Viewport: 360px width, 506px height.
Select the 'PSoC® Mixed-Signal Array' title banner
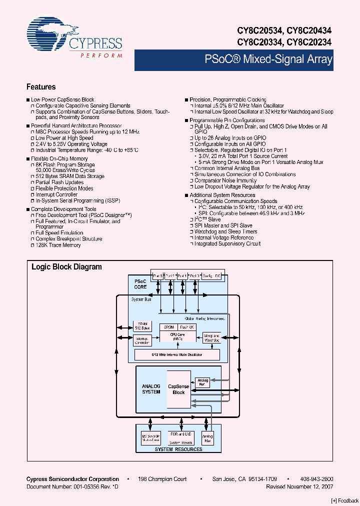tap(268, 59)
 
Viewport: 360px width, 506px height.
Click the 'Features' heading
tap(41, 87)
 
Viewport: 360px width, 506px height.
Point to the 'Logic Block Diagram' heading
tap(66, 267)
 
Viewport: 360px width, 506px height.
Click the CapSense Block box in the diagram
tap(178, 389)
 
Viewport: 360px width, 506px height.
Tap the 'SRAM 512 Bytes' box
tap(141, 326)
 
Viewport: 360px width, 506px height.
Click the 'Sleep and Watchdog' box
tap(212, 338)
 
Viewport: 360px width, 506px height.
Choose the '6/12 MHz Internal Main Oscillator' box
tap(177, 354)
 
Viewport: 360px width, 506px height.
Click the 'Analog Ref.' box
tap(202, 382)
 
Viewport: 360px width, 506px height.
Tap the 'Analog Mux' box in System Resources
tap(207, 438)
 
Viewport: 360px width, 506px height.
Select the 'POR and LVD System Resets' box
tap(180, 438)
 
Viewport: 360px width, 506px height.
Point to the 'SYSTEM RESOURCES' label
tap(178, 449)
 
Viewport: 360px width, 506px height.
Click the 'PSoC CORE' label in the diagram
tap(140, 284)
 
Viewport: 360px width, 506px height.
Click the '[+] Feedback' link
tap(345, 500)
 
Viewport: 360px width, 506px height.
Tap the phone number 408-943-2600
tap(316, 479)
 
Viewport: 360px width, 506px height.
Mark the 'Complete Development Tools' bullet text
tap(63, 209)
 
